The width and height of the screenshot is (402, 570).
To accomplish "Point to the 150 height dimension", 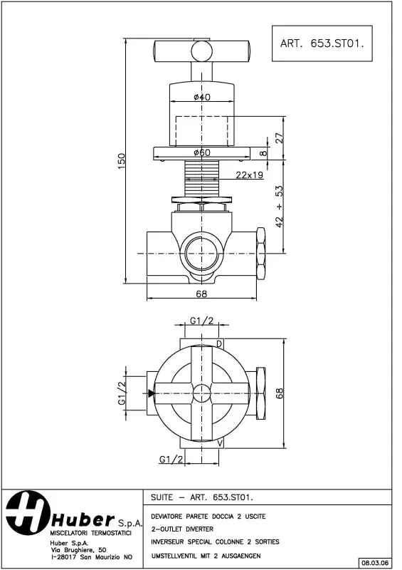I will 122,161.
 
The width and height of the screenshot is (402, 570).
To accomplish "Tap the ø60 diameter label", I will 201,152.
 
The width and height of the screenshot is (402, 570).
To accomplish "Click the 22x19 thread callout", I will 250,175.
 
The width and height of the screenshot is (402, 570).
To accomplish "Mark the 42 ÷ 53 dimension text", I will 280,204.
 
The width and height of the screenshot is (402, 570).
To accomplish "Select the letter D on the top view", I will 218,345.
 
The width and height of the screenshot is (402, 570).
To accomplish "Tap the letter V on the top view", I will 219,443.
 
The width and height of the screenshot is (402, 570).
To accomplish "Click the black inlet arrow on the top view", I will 152,393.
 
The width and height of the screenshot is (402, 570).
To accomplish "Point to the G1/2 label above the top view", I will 201,321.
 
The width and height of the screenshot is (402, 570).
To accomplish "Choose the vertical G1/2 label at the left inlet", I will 122,393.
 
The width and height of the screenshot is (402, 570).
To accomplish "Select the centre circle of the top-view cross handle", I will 202,392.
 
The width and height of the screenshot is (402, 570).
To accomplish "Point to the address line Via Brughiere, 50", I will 78,549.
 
